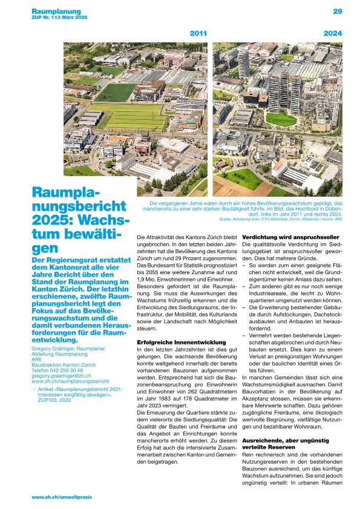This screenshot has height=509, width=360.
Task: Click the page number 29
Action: coord(338,11)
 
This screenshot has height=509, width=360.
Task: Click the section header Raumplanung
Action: coord(56,11)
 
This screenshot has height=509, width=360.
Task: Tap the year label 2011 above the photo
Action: coord(199,33)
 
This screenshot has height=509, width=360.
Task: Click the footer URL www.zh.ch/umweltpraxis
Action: coord(61,496)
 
